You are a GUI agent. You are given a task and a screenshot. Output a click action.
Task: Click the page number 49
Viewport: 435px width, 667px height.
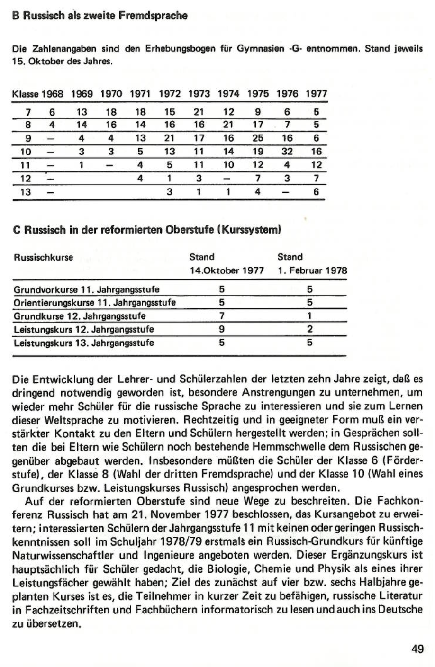click(417, 649)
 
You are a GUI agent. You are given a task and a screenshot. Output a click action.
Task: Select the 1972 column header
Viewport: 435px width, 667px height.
click(170, 94)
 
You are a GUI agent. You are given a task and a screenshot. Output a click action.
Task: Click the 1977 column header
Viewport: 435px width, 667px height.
click(316, 94)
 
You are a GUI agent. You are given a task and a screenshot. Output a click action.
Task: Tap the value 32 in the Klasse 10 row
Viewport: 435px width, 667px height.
click(287, 152)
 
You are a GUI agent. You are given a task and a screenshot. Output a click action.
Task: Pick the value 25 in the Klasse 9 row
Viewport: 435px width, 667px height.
click(258, 138)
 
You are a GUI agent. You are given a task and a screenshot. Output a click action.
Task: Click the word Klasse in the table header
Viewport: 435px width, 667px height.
click(25, 94)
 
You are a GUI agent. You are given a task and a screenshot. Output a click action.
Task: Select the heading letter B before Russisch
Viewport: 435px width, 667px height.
click(15, 16)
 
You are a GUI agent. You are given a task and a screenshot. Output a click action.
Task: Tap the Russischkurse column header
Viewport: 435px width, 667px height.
click(43, 258)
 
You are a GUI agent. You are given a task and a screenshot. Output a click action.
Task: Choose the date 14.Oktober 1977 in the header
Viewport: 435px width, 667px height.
click(227, 270)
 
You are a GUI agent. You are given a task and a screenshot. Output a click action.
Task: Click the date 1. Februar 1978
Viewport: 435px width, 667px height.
click(312, 270)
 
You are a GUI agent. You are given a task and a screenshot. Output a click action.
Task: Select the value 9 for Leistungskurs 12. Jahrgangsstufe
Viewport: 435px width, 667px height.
click(222, 329)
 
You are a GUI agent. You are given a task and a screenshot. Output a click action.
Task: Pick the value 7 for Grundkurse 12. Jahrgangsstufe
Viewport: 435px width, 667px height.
click(222, 316)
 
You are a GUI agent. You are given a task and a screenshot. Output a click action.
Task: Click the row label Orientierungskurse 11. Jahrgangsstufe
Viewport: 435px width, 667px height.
click(95, 303)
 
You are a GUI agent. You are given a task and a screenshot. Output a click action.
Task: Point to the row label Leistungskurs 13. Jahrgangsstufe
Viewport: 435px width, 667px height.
click(84, 343)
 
